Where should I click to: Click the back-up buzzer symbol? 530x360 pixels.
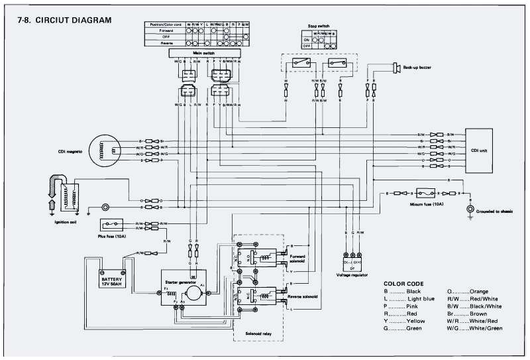point(396,67)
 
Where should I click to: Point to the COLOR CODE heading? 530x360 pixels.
point(406,283)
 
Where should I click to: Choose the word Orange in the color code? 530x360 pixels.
point(478,292)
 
